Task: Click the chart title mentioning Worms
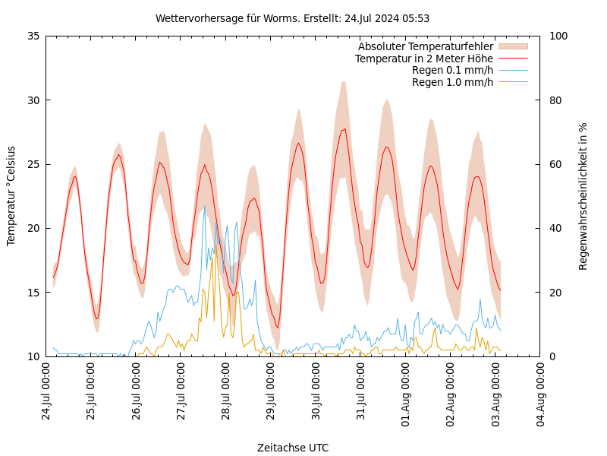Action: click(x=292, y=18)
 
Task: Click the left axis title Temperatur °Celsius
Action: click(x=11, y=196)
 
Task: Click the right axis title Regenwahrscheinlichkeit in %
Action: click(x=583, y=196)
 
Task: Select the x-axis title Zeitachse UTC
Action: click(x=292, y=448)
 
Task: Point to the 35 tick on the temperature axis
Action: click(x=33, y=36)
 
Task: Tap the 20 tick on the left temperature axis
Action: click(x=33, y=228)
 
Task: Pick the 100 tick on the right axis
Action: click(x=558, y=36)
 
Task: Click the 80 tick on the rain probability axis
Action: click(x=555, y=100)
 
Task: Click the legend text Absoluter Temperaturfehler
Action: click(x=425, y=47)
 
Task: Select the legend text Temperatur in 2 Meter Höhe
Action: click(x=423, y=59)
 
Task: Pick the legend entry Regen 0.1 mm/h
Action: click(x=452, y=71)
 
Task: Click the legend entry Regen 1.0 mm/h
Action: click(x=452, y=82)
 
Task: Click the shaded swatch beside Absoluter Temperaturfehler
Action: click(x=512, y=47)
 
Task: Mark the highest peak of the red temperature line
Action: click(x=345, y=129)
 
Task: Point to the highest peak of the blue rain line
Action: click(x=204, y=206)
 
